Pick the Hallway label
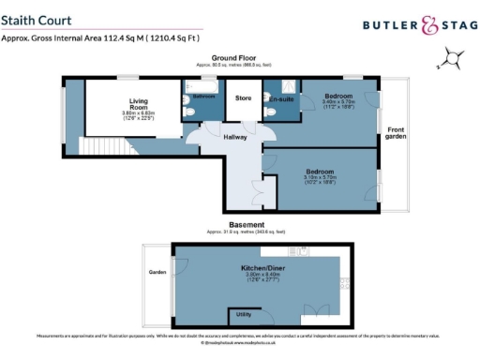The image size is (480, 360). pos(234,137)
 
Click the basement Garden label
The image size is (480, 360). pos(157,273)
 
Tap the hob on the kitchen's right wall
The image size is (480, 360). pos(346,282)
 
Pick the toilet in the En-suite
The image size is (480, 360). pos(270,112)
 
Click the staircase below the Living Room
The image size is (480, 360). pos(93,145)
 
